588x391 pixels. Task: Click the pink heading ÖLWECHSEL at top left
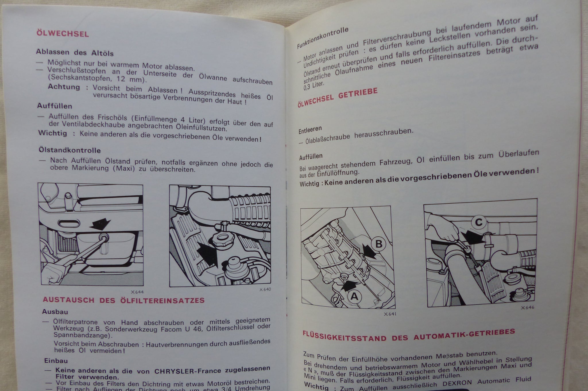click(63, 34)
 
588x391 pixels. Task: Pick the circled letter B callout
click(379, 244)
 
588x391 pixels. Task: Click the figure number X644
click(137, 292)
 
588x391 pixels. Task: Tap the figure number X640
click(265, 289)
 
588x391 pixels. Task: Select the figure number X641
click(390, 314)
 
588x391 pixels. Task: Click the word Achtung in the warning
click(64, 87)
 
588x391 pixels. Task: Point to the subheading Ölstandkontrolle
click(70, 150)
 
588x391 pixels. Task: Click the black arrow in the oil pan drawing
click(100, 224)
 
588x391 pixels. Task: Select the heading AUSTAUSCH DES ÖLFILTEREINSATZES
click(124, 300)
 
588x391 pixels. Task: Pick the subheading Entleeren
click(310, 130)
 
